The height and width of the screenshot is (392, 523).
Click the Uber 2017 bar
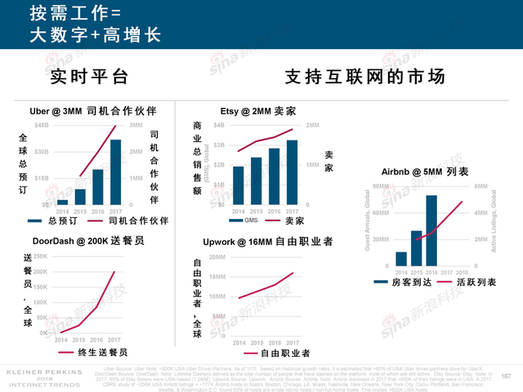(116, 172)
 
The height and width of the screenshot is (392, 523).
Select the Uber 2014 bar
(62, 201)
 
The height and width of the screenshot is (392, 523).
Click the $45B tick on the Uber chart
(41, 126)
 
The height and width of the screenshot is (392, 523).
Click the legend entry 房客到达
(400, 281)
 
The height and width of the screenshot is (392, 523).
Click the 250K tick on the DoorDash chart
(40, 256)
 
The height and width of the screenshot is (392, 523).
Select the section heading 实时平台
(89, 78)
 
